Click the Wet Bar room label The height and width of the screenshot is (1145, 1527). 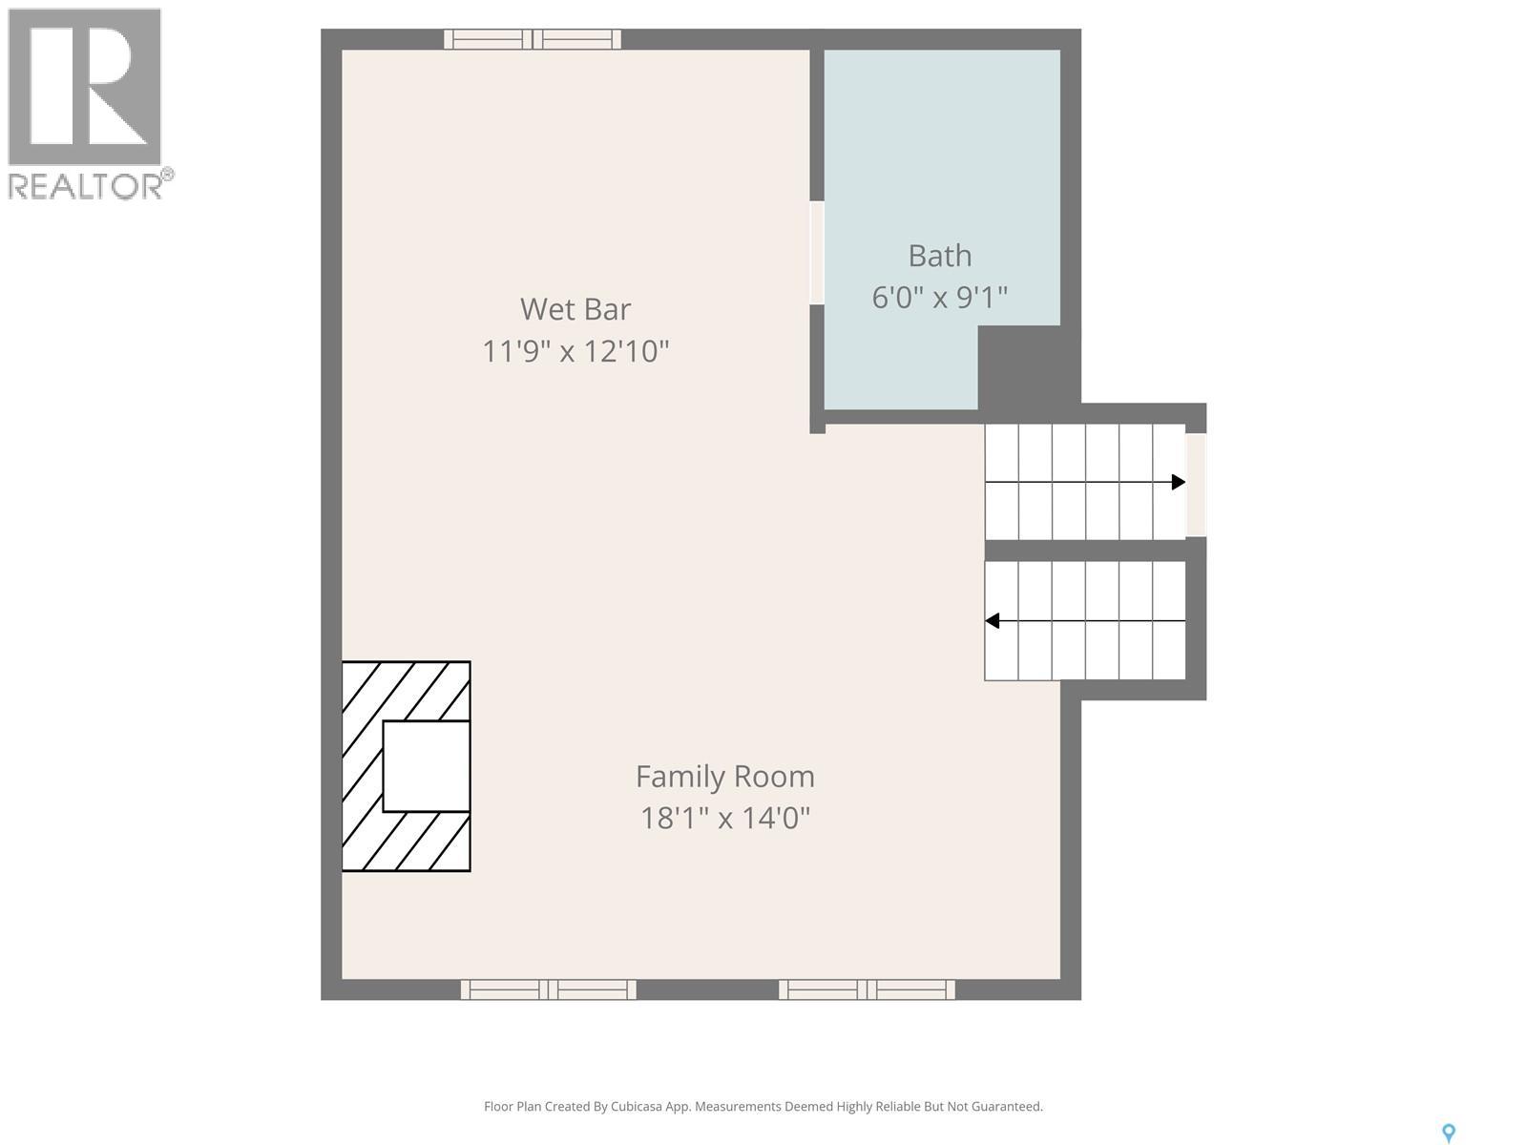[575, 309]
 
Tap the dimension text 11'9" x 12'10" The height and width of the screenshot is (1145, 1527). [575, 351]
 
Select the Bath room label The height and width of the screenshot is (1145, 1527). [940, 256]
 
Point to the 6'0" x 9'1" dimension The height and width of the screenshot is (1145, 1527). [940, 298]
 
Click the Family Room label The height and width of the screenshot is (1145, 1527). [725, 777]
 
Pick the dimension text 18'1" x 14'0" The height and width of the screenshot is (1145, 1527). [725, 819]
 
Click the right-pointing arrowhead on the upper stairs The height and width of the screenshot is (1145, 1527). [1179, 482]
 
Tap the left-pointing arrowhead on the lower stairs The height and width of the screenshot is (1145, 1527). [993, 621]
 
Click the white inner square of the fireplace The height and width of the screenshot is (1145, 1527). [426, 766]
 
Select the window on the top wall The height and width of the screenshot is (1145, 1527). [533, 39]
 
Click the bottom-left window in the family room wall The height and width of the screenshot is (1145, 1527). [549, 989]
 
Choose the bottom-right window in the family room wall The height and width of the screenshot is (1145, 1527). [867, 989]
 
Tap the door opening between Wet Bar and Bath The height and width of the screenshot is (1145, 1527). [817, 253]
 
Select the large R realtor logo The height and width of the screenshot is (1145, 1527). [84, 88]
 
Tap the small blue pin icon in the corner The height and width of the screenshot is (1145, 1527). [1449, 1133]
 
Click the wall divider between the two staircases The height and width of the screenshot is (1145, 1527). [1085, 550]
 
